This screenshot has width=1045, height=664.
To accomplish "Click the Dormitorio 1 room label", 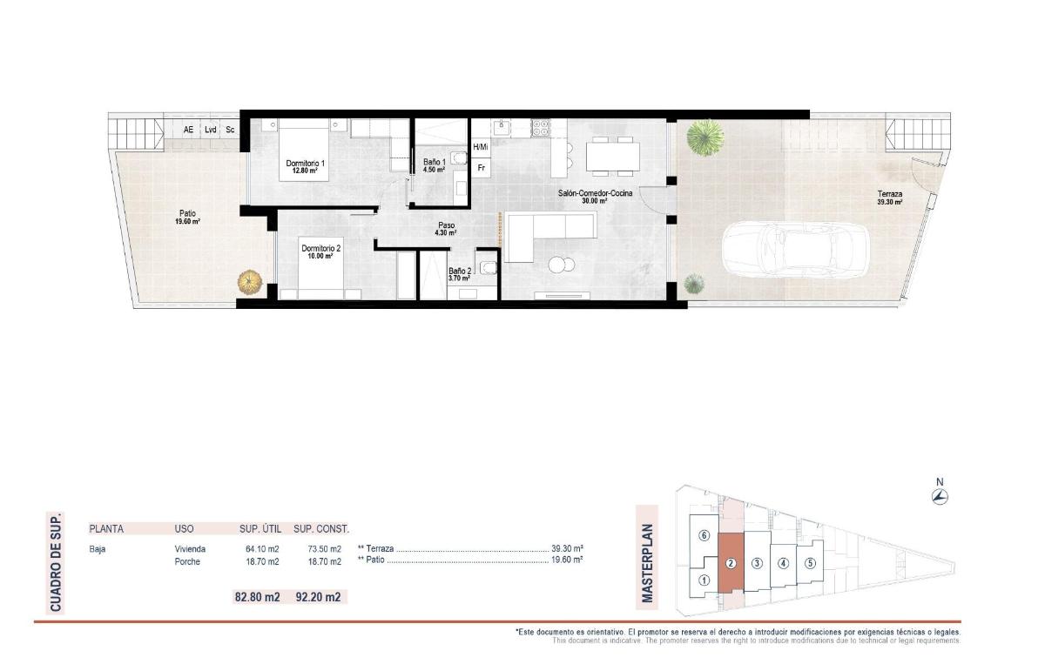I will click(x=305, y=166).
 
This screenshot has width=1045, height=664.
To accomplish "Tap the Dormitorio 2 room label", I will click(x=321, y=252).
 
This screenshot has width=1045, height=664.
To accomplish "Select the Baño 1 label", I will click(x=435, y=165).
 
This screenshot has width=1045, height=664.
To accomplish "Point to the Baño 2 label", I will click(x=459, y=274).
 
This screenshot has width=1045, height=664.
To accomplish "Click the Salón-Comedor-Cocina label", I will click(x=595, y=196).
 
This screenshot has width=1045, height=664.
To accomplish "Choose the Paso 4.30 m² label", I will click(x=446, y=229).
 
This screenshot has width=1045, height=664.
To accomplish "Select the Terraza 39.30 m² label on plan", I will click(x=889, y=198).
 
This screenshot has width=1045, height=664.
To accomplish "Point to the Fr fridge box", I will click(x=481, y=167).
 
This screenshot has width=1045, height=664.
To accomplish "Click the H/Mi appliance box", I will click(x=481, y=147).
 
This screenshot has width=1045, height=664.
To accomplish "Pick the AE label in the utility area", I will click(x=188, y=130).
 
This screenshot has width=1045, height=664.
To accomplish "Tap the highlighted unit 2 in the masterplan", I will click(x=731, y=562).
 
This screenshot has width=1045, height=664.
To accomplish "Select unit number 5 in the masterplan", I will click(x=810, y=562).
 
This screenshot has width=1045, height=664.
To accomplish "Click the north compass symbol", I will click(x=940, y=496).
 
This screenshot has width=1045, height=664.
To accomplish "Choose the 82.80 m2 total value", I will click(x=257, y=598).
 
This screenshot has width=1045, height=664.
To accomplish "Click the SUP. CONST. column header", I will click(x=321, y=528).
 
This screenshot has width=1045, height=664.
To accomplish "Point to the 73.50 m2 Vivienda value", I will click(x=323, y=549).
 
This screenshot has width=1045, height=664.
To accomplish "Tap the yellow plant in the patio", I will click(x=249, y=281).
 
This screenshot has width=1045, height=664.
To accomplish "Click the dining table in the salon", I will click(x=612, y=157).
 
